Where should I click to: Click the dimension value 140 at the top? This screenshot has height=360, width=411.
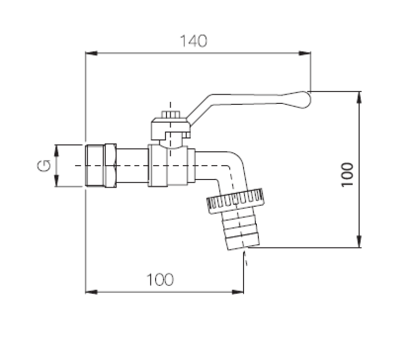click(x=194, y=41)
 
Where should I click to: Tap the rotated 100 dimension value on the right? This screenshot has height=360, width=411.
click(x=347, y=173)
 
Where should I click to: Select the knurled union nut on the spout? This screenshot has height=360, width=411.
click(x=235, y=200)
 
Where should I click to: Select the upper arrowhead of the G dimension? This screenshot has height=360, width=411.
click(x=57, y=150)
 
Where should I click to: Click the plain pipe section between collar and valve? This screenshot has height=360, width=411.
click(x=132, y=166)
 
